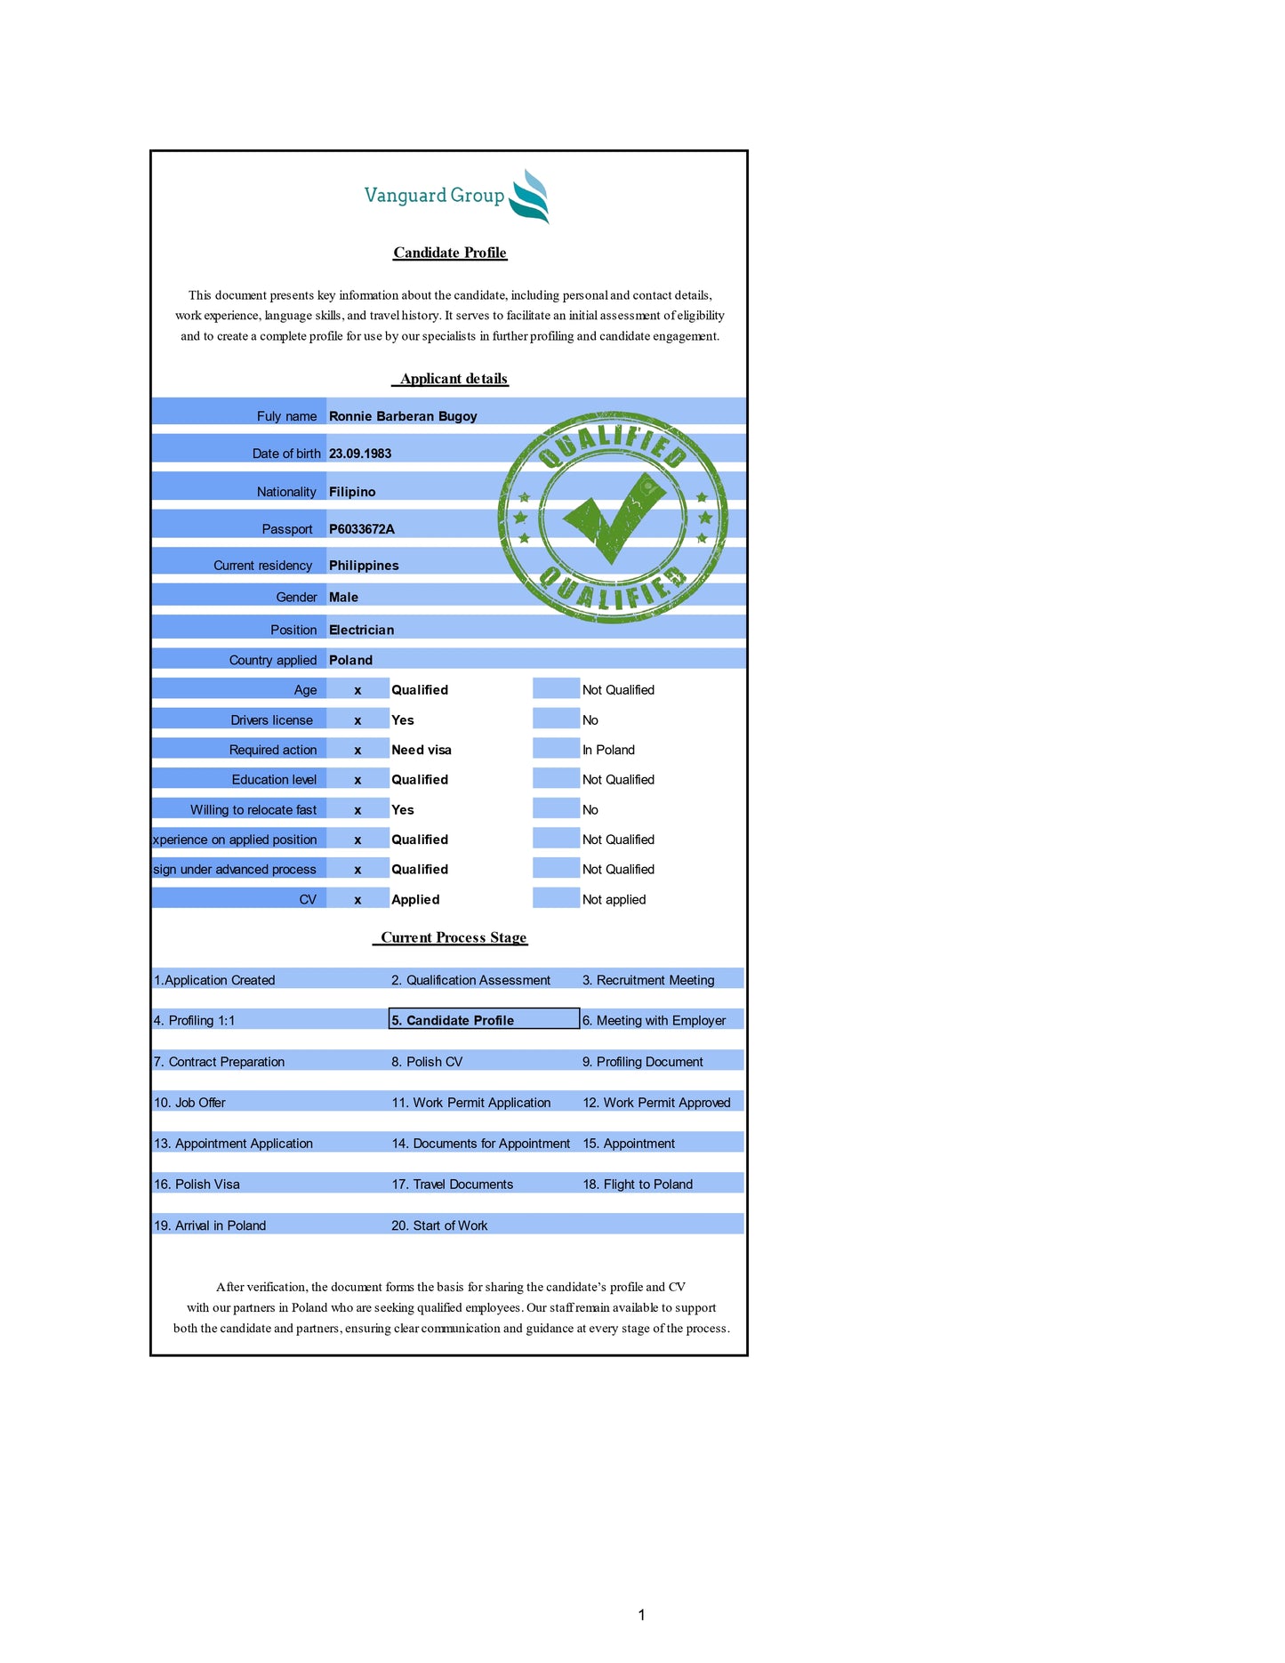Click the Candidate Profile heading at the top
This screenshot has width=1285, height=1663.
tap(450, 253)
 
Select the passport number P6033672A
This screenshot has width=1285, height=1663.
tap(362, 529)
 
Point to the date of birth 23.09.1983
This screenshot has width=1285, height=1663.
tap(360, 454)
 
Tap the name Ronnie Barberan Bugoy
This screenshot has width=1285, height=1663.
tap(403, 416)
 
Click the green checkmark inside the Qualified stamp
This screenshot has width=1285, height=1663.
tap(614, 517)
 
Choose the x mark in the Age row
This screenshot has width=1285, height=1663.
tap(357, 690)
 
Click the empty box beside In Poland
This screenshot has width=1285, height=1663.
tap(556, 749)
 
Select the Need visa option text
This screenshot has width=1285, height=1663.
tap(422, 750)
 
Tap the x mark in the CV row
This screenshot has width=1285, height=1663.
tap(357, 900)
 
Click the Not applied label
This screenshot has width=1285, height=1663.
tap(614, 900)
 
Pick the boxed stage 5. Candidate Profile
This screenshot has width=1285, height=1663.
tap(484, 1020)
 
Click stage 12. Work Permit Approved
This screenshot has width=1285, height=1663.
tap(656, 1103)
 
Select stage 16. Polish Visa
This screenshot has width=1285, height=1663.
tap(197, 1185)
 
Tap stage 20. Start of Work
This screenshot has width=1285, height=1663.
tap(439, 1225)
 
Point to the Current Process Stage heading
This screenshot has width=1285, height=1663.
tap(454, 937)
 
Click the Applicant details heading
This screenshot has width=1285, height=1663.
tap(454, 379)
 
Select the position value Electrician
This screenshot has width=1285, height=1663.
tap(361, 630)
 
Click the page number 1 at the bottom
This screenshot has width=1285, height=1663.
tap(641, 1614)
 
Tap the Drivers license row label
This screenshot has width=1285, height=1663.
tap(271, 720)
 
